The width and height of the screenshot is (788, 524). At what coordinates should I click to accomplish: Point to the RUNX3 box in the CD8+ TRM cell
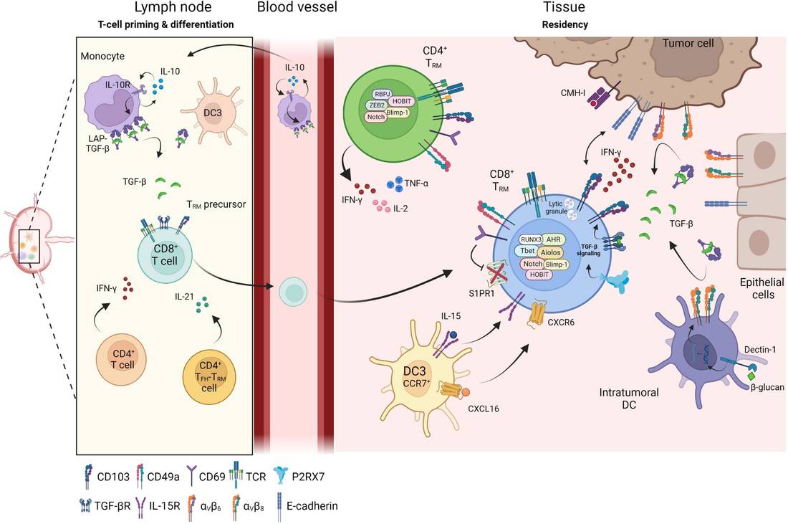[530, 241]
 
